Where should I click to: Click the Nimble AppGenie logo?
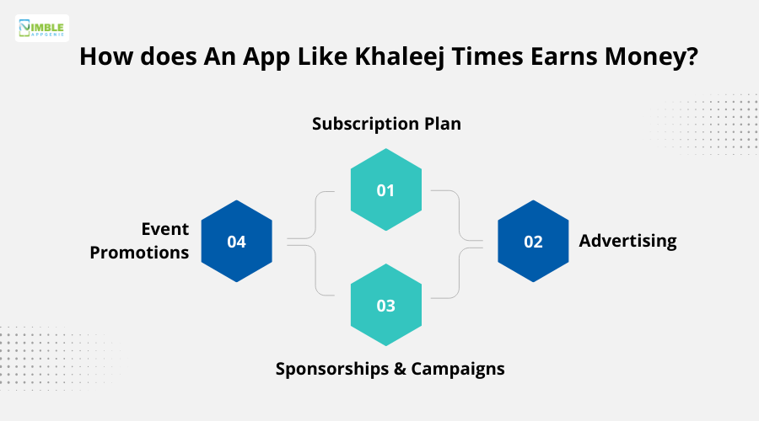(x=42, y=28)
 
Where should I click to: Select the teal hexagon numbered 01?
(x=385, y=190)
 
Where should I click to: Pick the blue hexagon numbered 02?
(x=533, y=242)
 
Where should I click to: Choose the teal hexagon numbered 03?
(x=385, y=305)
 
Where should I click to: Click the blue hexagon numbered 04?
(x=236, y=242)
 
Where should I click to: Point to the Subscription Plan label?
(x=386, y=124)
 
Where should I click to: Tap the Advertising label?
(x=627, y=241)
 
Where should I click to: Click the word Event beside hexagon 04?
(x=165, y=229)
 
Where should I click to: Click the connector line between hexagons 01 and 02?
(x=459, y=215)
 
